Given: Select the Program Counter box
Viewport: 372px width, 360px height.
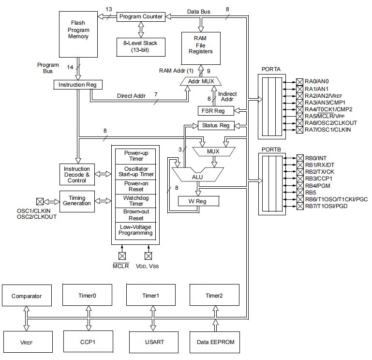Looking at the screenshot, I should coord(141,16).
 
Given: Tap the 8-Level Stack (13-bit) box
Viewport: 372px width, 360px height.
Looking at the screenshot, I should coord(140,46).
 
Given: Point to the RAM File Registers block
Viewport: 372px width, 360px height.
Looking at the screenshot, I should coord(201,48).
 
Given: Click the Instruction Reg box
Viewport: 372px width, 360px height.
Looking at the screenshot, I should coord(77,85).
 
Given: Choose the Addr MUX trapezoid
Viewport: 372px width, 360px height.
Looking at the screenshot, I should coord(201,81).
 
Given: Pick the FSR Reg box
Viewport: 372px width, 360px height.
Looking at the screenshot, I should coord(213,111).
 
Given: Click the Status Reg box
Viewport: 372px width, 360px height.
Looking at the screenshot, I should coord(216,126).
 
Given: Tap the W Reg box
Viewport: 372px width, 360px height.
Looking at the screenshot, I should coord(198,201).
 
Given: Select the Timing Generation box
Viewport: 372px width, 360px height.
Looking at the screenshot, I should coord(77,200).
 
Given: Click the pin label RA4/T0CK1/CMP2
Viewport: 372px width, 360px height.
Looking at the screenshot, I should coord(328,109).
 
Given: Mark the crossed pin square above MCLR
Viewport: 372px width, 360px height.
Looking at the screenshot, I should coord(121,255).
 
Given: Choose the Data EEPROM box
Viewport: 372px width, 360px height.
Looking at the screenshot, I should coord(215,342).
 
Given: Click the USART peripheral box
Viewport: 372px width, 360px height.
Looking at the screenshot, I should coord(154,342).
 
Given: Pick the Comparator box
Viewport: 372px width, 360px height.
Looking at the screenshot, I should coord(27,296).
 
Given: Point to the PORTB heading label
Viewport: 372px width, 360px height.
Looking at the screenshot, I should coord(271,149).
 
